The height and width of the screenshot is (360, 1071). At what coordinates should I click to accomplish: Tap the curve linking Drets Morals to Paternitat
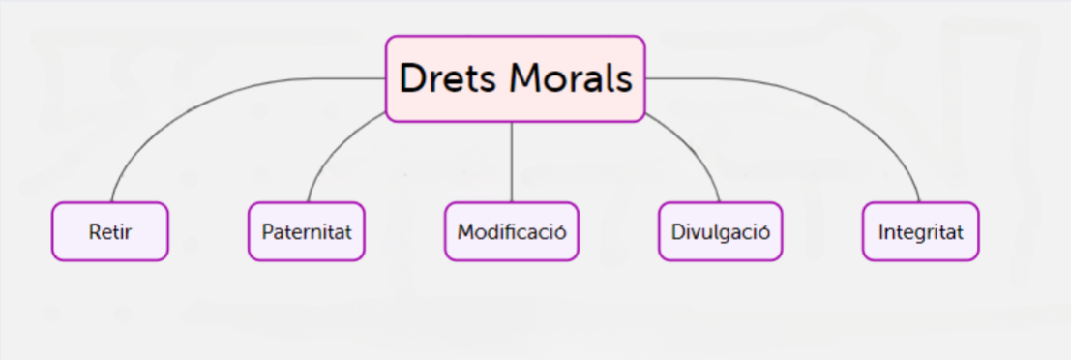pos(334,150)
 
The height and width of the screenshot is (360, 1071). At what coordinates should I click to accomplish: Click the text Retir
pos(109,233)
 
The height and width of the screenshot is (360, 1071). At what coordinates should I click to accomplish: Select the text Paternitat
pos(306,233)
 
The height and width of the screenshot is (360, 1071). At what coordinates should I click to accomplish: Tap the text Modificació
pos(511,233)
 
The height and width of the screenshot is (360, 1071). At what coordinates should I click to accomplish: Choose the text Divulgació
pos(719,233)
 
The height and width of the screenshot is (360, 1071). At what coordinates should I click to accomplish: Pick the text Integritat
pos(920,233)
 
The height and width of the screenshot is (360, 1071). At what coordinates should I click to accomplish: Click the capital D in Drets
pos(413,78)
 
